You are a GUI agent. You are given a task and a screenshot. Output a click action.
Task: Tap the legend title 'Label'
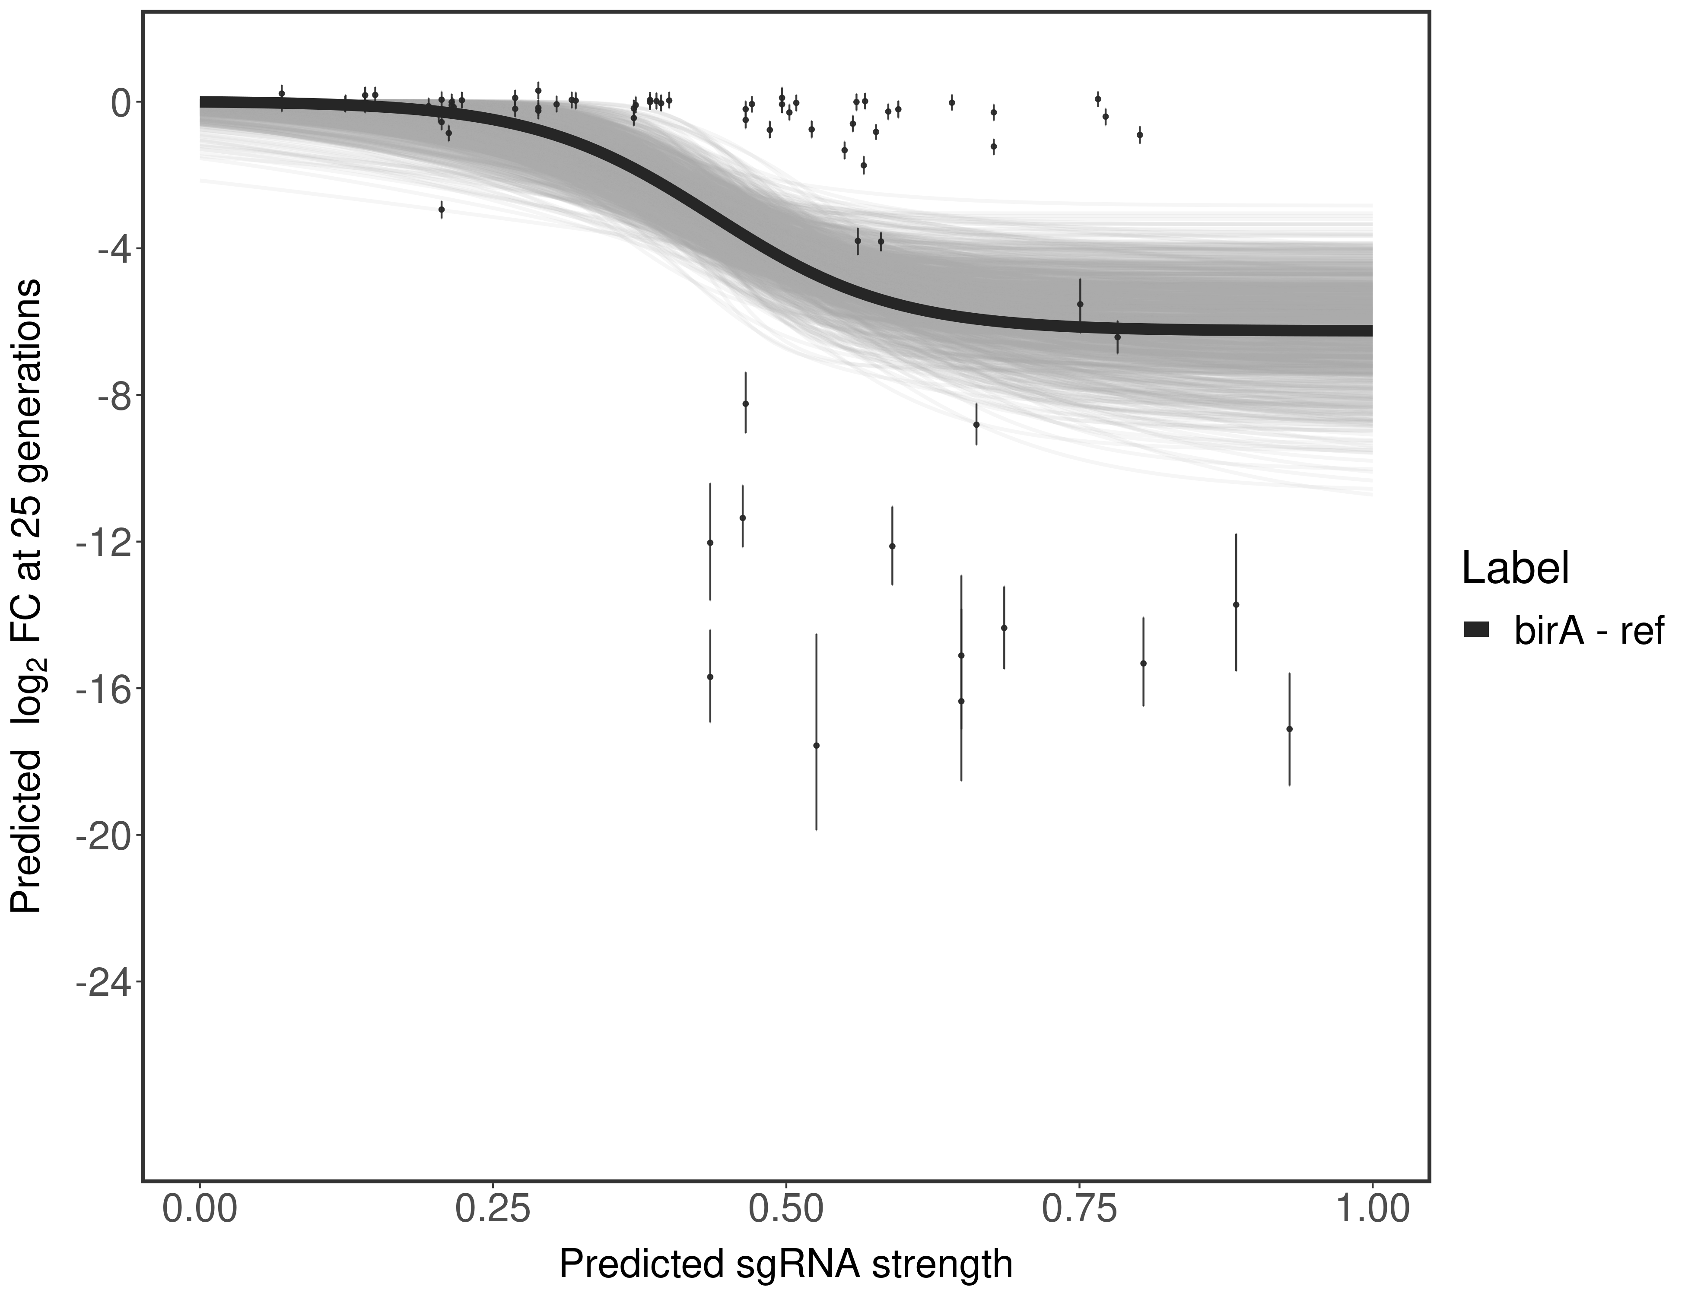click(x=1515, y=569)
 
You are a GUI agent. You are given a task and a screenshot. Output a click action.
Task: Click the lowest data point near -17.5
click(x=816, y=745)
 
